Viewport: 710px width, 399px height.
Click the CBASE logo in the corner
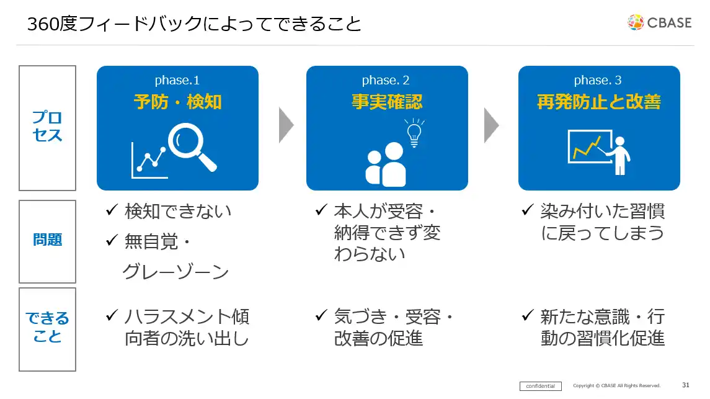[x=659, y=22]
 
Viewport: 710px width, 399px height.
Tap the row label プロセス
[x=47, y=127]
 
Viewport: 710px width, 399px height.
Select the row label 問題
[x=47, y=240]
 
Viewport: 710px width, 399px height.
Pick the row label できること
[x=47, y=328]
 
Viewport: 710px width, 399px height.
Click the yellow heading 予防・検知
[x=177, y=102]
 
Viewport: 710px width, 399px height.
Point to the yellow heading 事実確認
[x=387, y=102]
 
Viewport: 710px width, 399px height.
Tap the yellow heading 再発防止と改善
[x=598, y=102]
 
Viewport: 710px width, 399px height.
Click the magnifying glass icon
[x=193, y=146]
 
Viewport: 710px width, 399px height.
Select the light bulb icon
[x=414, y=132]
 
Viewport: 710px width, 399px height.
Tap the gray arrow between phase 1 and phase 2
[x=286, y=125]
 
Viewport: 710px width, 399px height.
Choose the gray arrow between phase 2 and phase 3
[x=492, y=125]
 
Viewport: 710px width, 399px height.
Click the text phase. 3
[x=598, y=80]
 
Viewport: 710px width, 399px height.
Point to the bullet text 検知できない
[x=177, y=211]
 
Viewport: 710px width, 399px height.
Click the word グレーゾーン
[x=175, y=272]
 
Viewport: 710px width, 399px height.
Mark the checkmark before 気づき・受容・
[x=321, y=316]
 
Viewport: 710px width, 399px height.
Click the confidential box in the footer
[x=540, y=386]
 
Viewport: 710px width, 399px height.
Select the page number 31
[x=685, y=385]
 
